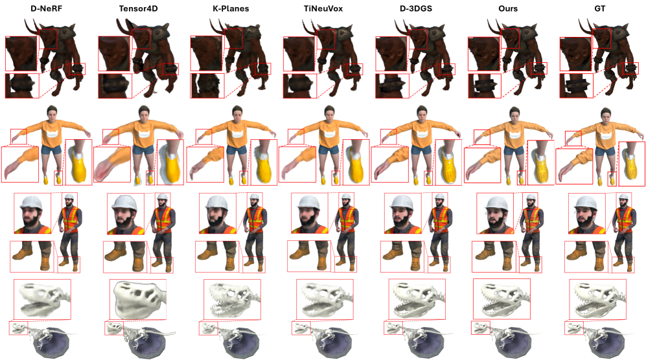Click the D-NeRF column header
point(46,8)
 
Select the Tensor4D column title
point(138,8)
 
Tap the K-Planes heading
point(231,8)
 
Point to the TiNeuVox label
point(323,8)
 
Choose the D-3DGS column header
point(416,8)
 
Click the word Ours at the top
point(508,8)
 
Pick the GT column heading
point(600,8)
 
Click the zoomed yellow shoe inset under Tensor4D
point(170,162)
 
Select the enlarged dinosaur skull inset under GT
point(597,299)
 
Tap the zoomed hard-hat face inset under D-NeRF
point(32,214)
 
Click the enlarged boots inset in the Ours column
point(493,256)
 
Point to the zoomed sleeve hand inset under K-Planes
point(205,164)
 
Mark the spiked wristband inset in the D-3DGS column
point(392,85)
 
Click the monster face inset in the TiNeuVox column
point(299,54)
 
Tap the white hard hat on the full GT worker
point(623,197)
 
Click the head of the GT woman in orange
point(605,114)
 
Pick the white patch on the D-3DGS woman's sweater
point(421,133)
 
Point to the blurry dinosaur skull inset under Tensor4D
point(137,299)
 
